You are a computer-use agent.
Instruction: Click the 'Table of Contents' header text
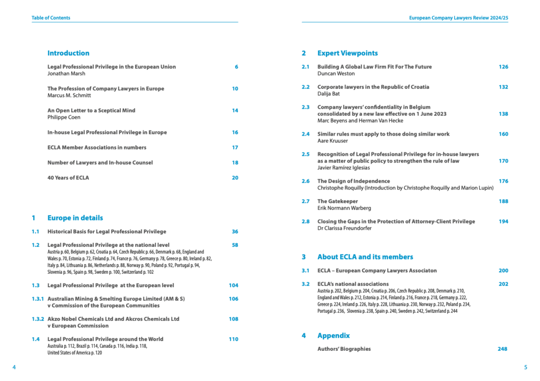[x=51, y=18]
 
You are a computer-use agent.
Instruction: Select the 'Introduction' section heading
[x=69, y=53]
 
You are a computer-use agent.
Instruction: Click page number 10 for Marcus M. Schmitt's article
[x=235, y=89]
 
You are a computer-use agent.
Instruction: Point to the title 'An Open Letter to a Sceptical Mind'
[x=91, y=110]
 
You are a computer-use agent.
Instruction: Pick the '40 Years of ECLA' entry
[x=68, y=178]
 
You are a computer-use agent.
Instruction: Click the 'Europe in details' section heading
[x=75, y=218]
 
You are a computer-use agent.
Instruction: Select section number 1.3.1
[x=37, y=299]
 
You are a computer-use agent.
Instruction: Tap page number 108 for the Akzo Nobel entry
[x=234, y=319]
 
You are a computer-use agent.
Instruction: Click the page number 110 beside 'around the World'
[x=234, y=339]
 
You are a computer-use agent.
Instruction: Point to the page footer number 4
[x=14, y=367]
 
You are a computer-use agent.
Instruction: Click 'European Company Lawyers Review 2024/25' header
[x=459, y=18]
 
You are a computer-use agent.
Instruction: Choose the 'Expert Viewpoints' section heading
[x=348, y=53]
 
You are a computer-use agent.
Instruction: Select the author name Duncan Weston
[x=336, y=74]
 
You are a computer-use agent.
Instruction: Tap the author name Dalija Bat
[x=329, y=94]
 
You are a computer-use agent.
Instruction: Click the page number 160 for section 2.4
[x=504, y=134]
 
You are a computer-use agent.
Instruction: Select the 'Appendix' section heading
[x=333, y=336]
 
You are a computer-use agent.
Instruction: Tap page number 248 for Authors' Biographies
[x=504, y=349]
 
